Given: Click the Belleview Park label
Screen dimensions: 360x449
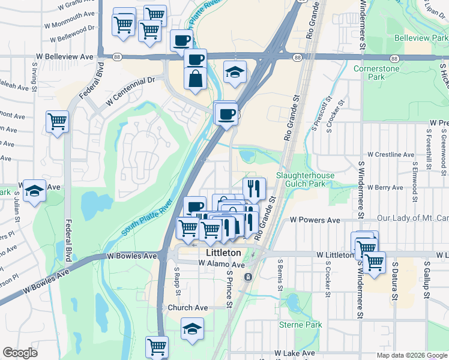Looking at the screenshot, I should [421, 38].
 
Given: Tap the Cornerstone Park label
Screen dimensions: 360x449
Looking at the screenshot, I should [385, 73].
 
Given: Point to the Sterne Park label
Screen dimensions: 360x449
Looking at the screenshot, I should [301, 325].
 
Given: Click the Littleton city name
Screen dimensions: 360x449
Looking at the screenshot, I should [223, 253].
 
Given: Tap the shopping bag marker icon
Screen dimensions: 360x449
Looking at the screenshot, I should [196, 79].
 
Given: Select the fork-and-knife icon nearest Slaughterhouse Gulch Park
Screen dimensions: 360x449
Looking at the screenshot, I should [254, 187].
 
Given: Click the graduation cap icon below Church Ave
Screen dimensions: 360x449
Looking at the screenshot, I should [192, 328].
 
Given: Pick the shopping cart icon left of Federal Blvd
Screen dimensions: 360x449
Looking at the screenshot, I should [58, 121].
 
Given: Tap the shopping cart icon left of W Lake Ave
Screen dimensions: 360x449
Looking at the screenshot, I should [157, 346].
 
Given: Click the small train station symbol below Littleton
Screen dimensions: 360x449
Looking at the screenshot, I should [248, 277].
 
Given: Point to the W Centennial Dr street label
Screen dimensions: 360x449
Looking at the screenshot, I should [130, 91].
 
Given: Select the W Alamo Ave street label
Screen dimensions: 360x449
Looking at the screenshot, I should [222, 265].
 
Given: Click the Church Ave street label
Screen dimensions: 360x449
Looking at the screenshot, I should [187, 308].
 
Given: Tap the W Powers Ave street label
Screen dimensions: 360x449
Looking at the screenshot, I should [315, 220].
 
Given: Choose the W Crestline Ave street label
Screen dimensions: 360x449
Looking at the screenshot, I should [391, 154].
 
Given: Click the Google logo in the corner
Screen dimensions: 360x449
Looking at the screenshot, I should [20, 353].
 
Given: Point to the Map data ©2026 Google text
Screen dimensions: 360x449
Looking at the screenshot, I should [411, 355].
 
